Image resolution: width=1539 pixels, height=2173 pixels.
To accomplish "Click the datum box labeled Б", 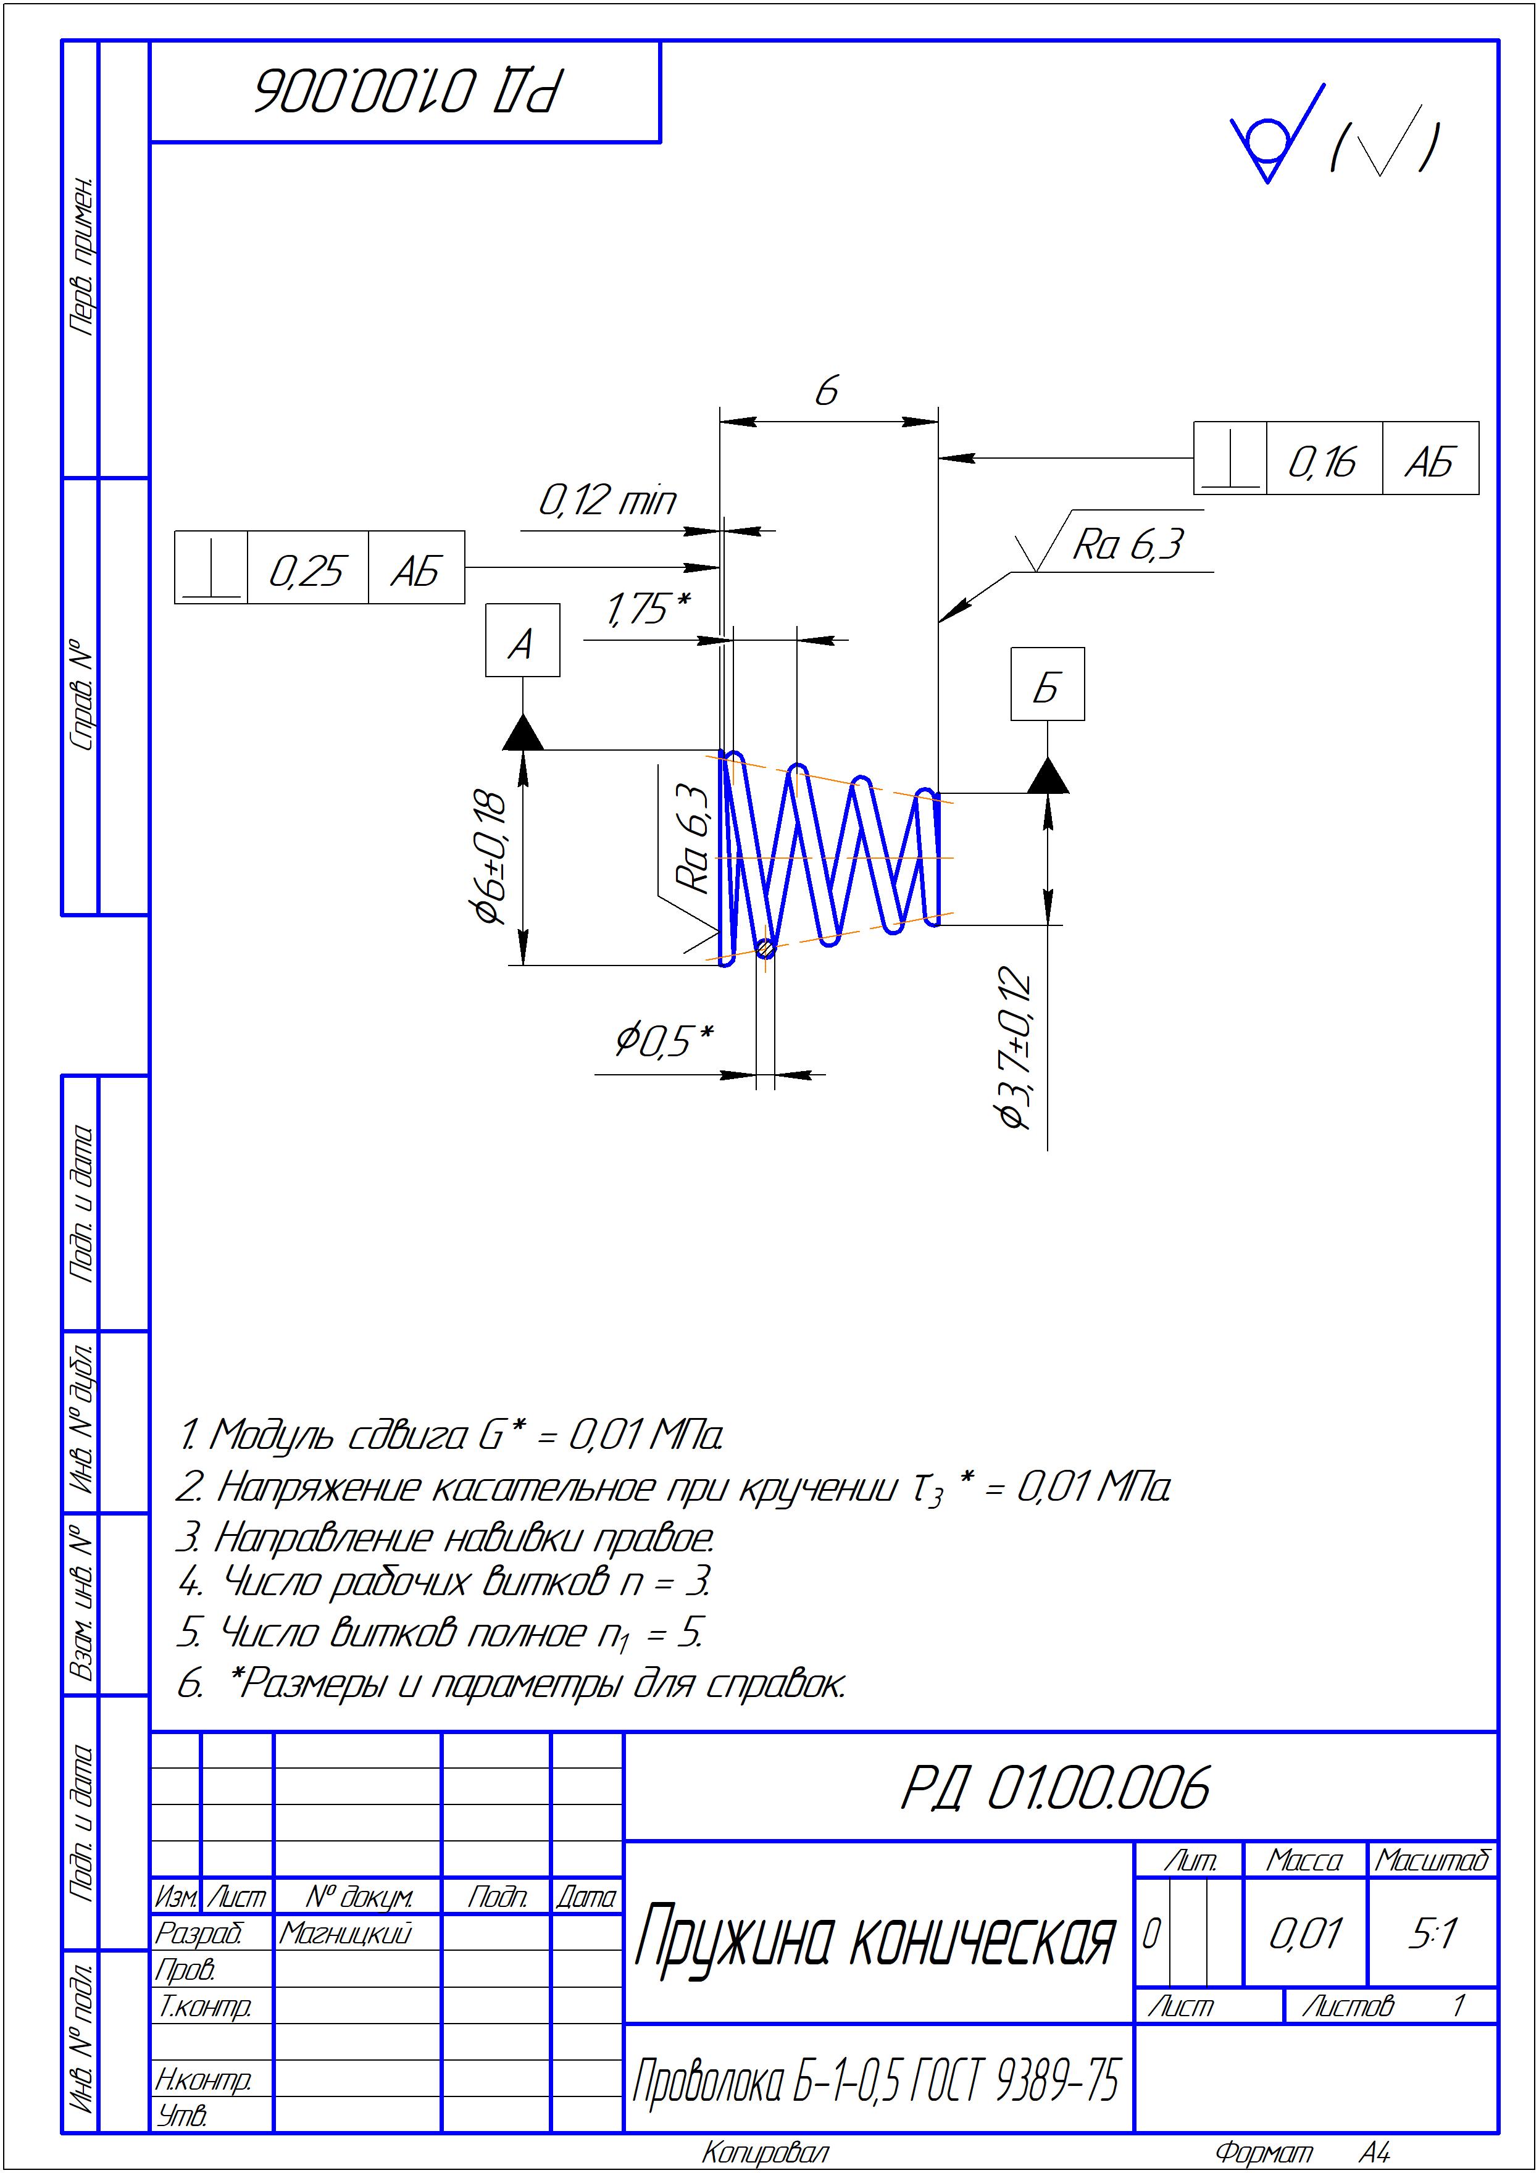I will coord(1047,684).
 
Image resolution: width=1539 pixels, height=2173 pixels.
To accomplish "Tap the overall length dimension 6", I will coord(827,390).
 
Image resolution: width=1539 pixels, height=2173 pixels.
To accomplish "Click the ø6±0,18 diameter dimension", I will coord(489,856).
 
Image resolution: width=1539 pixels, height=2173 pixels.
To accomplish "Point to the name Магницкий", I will coord(346,1933).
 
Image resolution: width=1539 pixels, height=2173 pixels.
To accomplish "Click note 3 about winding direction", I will coord(445,1537).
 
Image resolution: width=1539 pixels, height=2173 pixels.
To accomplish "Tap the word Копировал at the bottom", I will coord(765,2153).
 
